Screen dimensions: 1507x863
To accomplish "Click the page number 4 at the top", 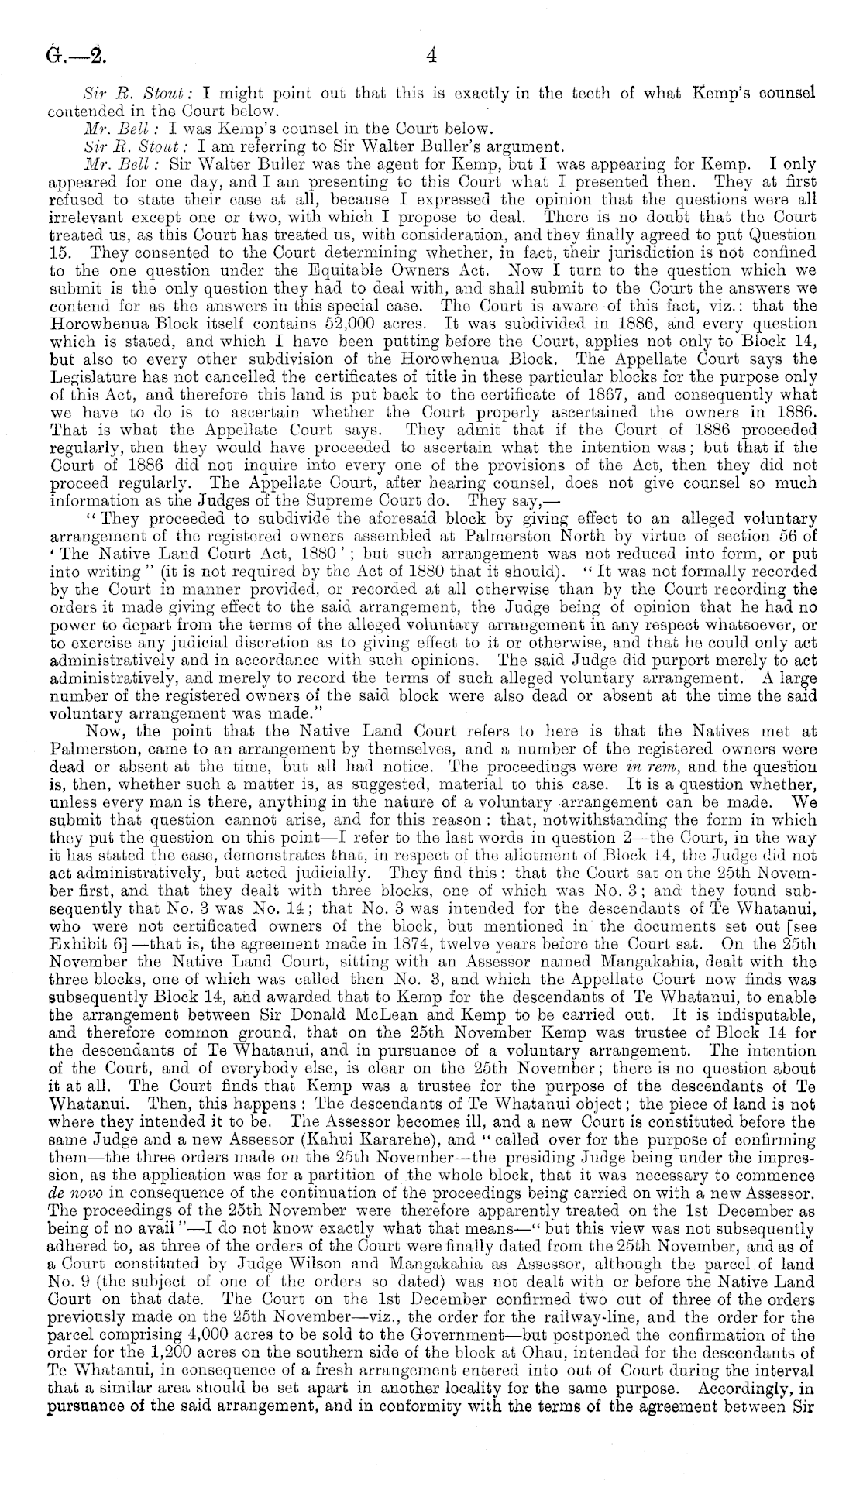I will click(432, 55).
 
